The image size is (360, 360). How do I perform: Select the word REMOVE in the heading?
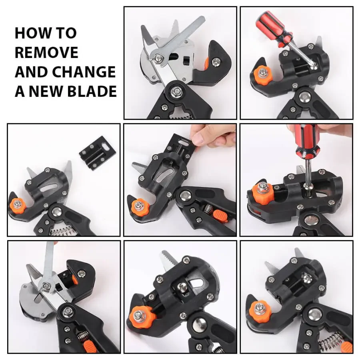(46, 52)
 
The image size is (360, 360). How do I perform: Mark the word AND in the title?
(31, 72)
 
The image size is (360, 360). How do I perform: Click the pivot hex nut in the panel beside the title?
(175, 92)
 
